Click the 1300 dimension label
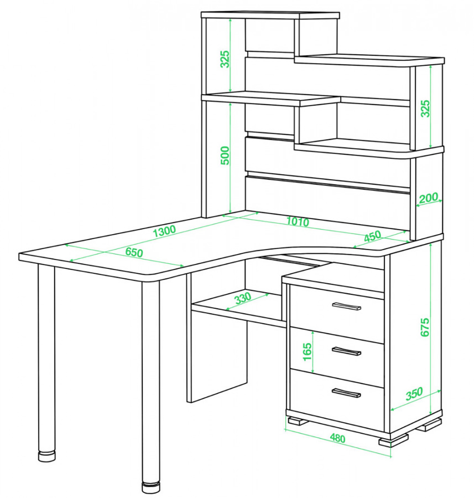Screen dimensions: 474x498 164,231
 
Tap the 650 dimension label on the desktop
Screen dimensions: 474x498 134,252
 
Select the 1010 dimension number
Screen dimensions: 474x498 298,221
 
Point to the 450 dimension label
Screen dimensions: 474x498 372,236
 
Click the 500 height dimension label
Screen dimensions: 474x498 225,155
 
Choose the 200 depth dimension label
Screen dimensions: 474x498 428,198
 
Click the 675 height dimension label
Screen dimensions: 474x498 425,327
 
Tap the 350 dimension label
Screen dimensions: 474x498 414,394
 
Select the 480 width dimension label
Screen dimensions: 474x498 337,438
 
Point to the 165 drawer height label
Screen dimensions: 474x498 307,352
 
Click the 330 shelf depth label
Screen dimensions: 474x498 243,298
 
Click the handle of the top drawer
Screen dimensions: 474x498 346,306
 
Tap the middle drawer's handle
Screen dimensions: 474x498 346,350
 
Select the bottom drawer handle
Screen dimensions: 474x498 346,393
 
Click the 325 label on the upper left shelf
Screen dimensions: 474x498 225,59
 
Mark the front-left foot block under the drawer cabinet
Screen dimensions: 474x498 297,421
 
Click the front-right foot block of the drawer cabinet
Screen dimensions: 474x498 393,440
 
